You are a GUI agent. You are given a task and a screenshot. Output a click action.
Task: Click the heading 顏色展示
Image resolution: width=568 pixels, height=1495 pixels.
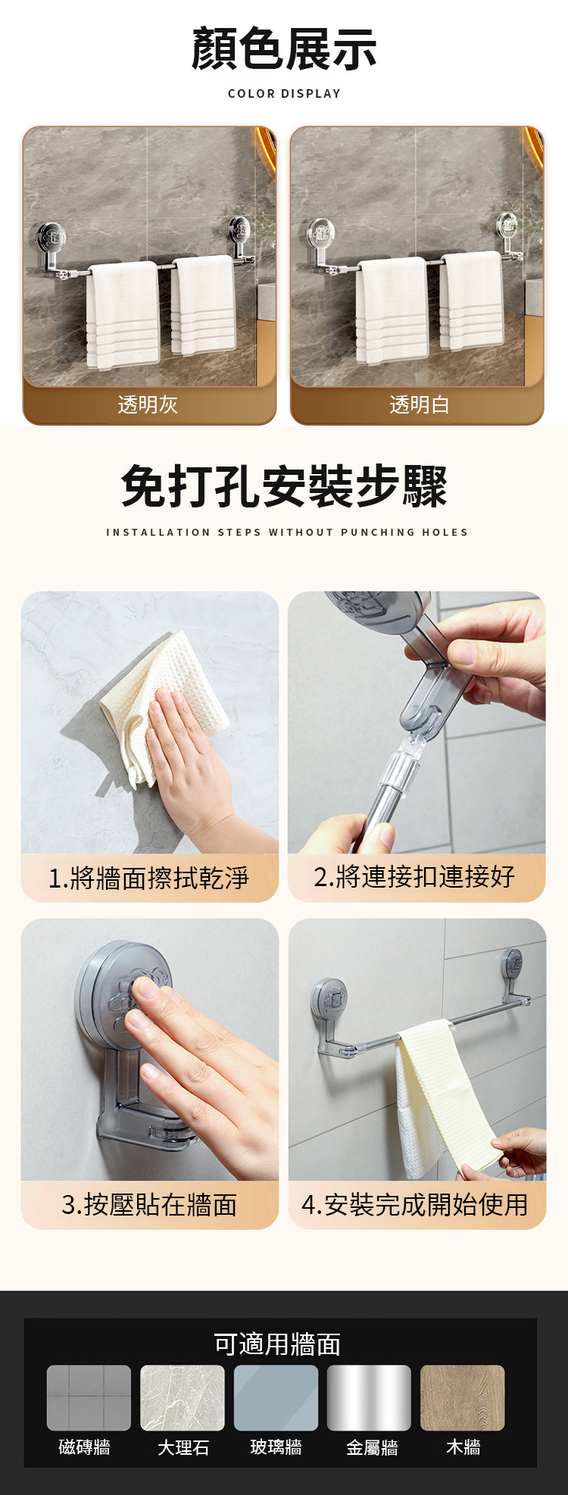[284, 48]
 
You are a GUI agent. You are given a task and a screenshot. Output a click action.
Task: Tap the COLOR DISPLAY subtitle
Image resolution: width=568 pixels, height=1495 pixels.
[284, 94]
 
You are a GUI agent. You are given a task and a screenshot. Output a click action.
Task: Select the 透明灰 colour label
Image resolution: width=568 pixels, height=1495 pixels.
[148, 405]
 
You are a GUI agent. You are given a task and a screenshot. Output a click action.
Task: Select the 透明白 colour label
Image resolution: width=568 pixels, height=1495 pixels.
[420, 405]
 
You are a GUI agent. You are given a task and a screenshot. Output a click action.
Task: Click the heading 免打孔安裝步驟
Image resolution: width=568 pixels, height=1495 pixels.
[284, 485]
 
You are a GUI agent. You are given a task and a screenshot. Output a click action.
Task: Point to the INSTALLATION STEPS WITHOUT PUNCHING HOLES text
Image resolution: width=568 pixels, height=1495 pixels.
[287, 532]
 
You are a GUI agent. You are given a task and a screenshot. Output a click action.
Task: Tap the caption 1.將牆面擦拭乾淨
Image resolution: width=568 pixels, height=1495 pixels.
[149, 878]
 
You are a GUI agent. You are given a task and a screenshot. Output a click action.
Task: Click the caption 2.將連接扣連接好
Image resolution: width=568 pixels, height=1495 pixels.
[415, 876]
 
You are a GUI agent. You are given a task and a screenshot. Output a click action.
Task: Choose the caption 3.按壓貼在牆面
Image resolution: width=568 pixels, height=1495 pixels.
[149, 1204]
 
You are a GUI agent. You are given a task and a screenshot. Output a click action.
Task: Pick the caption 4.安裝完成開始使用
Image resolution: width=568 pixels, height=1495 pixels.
[415, 1204]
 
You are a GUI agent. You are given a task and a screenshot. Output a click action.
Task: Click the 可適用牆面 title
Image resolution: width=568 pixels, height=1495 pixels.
[277, 1344]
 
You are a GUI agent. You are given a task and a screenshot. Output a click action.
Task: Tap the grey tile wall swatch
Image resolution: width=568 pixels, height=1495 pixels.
[89, 1398]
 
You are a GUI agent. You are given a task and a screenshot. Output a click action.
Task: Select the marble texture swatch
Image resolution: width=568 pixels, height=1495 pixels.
[183, 1398]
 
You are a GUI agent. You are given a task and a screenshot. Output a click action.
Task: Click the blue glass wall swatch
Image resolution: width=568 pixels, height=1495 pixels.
[276, 1398]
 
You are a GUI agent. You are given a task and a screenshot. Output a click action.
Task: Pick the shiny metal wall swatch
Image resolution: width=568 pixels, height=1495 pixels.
[369, 1398]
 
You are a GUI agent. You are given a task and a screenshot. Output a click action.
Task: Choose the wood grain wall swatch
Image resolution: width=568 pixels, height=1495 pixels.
[463, 1398]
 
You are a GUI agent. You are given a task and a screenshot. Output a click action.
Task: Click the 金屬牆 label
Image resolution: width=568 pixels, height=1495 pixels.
[372, 1448]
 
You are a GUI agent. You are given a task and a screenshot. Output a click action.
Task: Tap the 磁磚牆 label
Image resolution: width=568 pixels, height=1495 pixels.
[85, 1447]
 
